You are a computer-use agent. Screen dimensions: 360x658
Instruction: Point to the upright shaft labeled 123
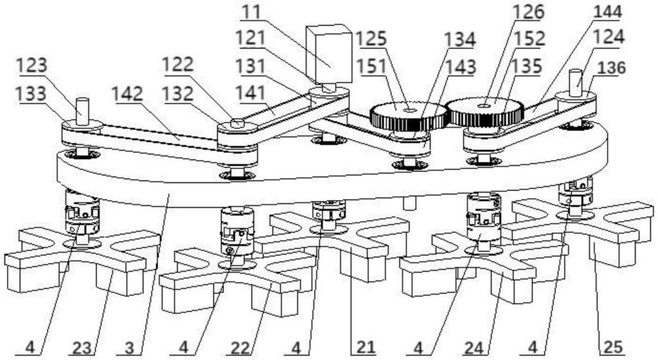(82, 109)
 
